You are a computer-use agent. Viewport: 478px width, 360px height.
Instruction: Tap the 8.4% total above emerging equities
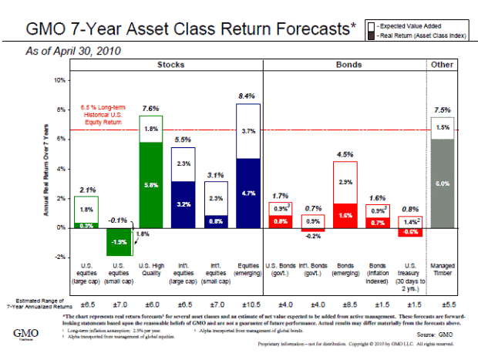(247, 96)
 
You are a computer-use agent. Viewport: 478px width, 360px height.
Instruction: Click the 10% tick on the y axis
(59, 79)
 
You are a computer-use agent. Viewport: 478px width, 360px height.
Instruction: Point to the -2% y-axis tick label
(59, 257)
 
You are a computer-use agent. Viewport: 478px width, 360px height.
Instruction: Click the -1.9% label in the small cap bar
(118, 241)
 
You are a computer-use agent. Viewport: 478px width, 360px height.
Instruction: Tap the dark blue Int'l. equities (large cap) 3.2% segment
(183, 204)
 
